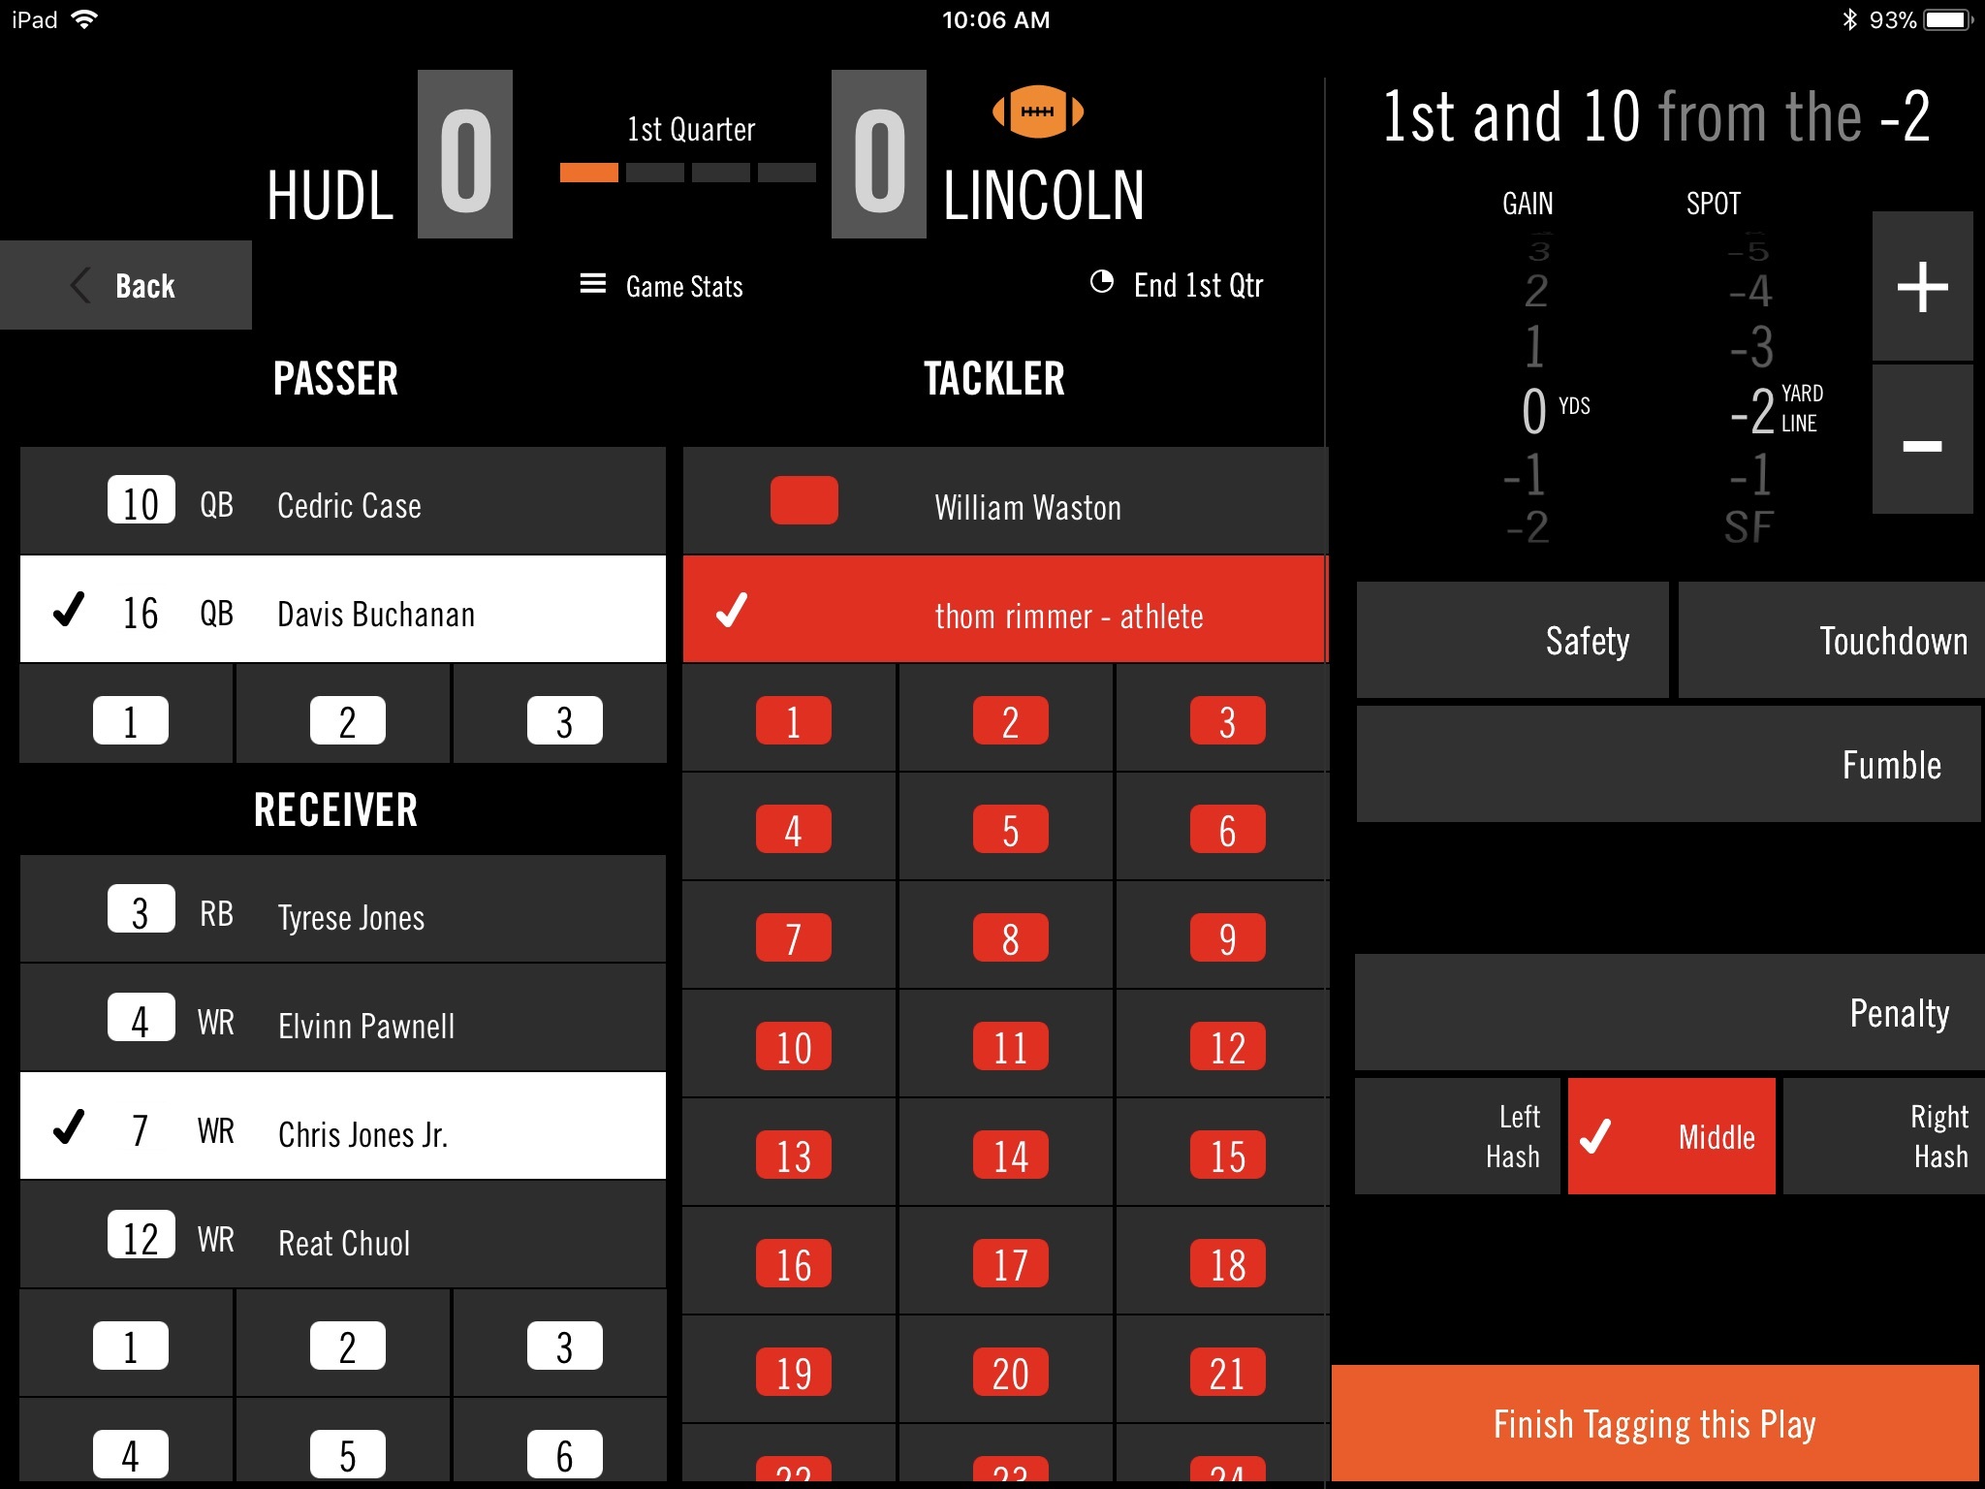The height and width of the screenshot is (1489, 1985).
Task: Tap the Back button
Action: point(126,286)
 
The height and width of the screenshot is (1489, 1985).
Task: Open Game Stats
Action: point(662,286)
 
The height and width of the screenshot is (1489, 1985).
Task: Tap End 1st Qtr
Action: point(1178,285)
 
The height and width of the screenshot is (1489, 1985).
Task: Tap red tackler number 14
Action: point(1009,1156)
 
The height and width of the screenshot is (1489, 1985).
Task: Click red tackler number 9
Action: point(1226,938)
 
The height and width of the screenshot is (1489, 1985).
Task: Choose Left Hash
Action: point(1457,1136)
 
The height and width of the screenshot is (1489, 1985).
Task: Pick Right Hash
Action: point(1882,1136)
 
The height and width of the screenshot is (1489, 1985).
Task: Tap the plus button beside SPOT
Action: point(1922,287)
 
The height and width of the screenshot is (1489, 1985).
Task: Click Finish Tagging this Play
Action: point(1654,1423)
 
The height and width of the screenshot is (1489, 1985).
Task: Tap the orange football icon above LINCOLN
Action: point(1037,111)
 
